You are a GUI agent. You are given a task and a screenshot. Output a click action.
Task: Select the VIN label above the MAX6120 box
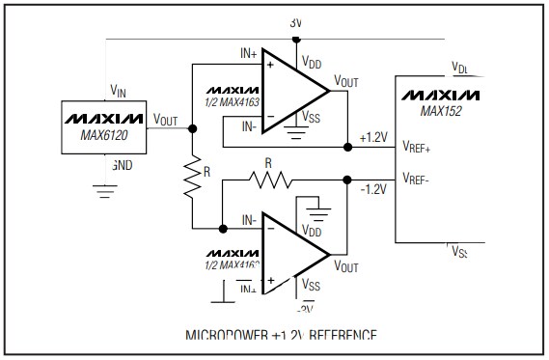tap(118, 91)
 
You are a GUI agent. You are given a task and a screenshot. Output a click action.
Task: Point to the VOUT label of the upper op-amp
tap(346, 81)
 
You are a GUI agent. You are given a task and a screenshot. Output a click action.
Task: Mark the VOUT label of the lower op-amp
tap(346, 263)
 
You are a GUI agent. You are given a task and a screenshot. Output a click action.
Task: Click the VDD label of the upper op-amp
tap(312, 62)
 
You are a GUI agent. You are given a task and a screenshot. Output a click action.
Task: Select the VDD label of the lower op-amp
tap(312, 233)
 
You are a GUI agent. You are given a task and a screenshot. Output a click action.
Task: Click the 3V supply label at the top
tap(295, 21)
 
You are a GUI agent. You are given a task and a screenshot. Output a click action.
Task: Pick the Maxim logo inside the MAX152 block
tap(441, 95)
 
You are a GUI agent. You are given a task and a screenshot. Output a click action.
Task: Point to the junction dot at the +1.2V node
tap(347, 148)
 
